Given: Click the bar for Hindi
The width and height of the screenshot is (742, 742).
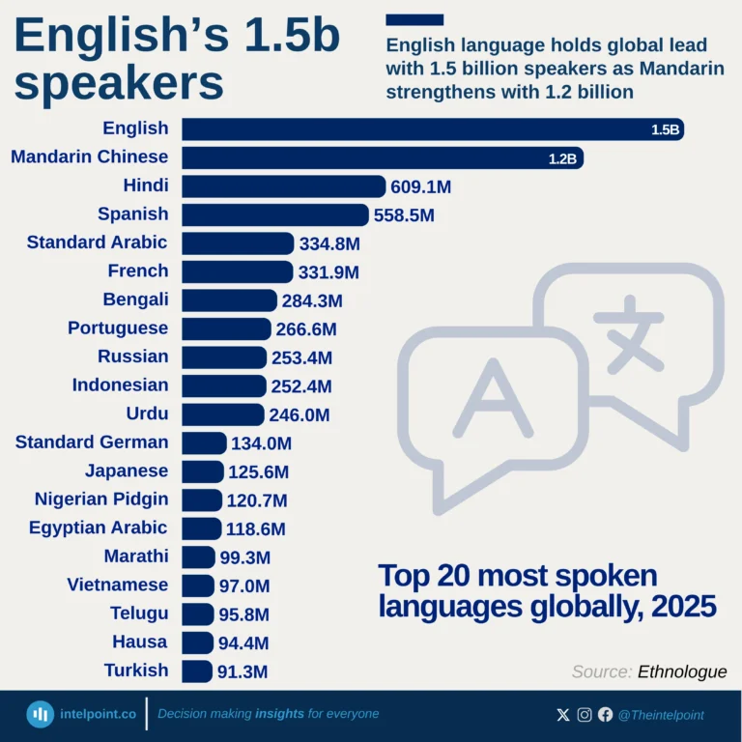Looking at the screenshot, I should point(283,186).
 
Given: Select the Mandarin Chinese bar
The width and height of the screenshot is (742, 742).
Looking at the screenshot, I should point(382,157).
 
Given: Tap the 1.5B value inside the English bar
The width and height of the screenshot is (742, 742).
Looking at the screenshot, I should point(666,129).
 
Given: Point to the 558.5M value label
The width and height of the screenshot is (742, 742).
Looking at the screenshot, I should point(404,215).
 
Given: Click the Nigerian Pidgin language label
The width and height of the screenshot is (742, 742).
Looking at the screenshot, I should point(101,499).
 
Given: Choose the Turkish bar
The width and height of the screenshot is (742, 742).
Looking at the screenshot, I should point(197,671).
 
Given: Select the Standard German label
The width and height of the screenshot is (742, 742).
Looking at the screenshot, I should point(92,442).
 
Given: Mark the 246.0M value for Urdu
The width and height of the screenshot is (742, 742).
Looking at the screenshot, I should point(300,415).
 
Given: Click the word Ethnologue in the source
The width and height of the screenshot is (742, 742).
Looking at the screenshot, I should point(682,671).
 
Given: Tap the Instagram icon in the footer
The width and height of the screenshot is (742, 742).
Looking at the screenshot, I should point(585,715).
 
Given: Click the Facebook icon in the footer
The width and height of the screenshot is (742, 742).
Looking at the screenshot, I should point(606,715).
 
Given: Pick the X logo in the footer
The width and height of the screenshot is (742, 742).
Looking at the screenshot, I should point(563,715).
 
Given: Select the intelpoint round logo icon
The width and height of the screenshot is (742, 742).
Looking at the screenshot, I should point(40,714).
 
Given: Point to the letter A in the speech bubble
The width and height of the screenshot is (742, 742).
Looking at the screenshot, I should point(493,398).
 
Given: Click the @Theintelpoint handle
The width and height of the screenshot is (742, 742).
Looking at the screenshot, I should point(661,715).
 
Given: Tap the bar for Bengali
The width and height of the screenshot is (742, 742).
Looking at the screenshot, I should point(229,300).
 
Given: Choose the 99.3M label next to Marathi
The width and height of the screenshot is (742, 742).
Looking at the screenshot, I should point(245,557).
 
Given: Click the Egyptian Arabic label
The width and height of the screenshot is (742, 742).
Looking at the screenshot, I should point(98,528).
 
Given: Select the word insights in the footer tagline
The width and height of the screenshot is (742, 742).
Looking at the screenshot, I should point(279,714).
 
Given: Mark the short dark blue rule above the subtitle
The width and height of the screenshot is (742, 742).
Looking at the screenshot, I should point(414,19).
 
